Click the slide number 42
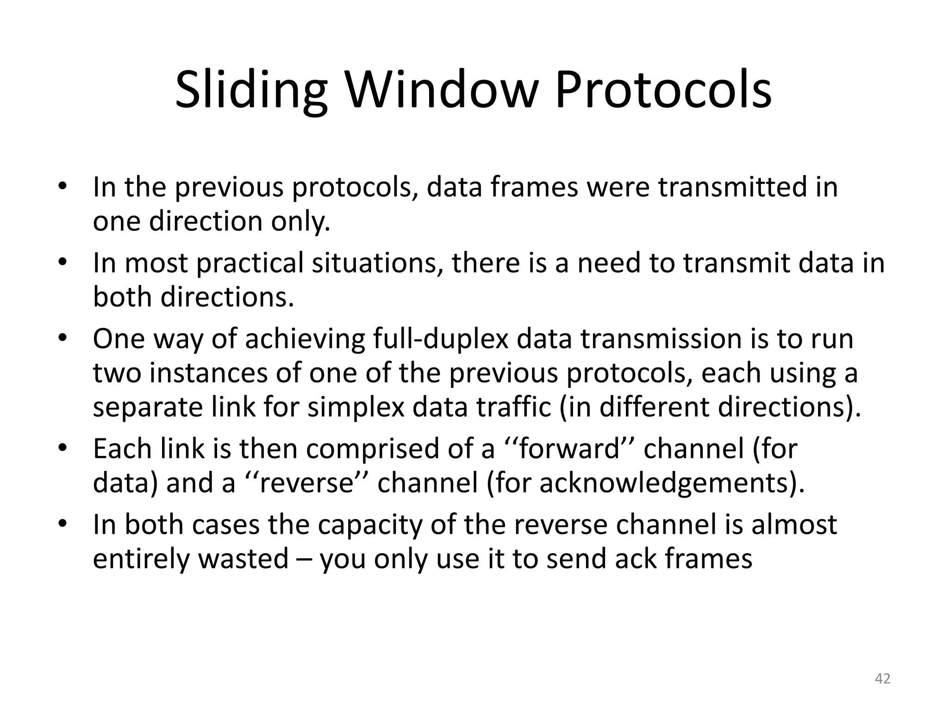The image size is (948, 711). pyautogui.click(x=882, y=679)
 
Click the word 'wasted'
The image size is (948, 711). pyautogui.click(x=243, y=559)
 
